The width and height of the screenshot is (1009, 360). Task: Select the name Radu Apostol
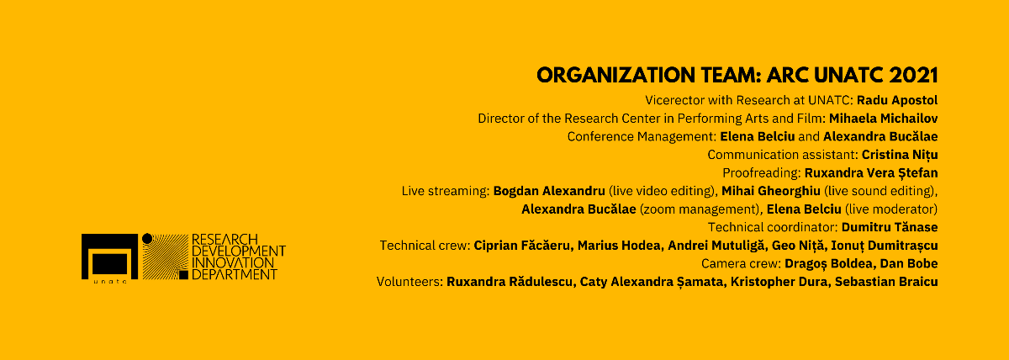tap(897, 100)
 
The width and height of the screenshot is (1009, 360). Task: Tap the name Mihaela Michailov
tap(884, 119)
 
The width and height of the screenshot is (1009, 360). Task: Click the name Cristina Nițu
tap(900, 155)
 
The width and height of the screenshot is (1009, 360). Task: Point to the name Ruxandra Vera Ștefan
tap(871, 173)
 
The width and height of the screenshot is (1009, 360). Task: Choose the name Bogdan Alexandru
tap(549, 191)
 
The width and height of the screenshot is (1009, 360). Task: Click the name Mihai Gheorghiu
tap(771, 191)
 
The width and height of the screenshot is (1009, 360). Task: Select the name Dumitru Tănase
tap(890, 227)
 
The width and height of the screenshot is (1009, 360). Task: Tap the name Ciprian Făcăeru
tap(522, 246)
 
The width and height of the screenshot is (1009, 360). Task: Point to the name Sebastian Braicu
tap(886, 282)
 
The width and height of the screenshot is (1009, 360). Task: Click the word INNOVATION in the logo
tap(233, 262)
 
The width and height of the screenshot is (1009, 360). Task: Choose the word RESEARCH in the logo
tap(225, 239)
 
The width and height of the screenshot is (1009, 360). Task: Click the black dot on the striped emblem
tap(147, 239)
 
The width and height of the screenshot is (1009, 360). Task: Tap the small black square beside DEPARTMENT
tap(183, 275)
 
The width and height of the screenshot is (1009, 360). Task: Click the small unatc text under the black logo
tap(110, 282)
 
